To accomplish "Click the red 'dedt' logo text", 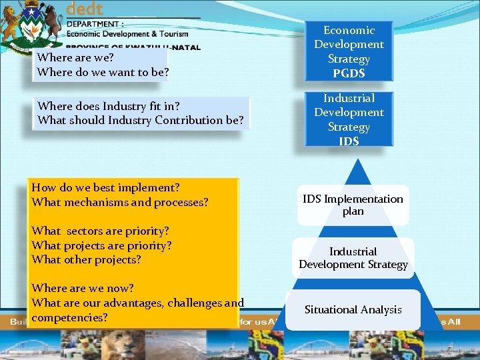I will tap(85, 9).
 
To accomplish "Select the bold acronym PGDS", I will tap(349, 73).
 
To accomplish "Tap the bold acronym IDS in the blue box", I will tap(349, 141).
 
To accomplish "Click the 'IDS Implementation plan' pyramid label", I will tap(353, 205).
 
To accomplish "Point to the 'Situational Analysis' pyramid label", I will tap(353, 309).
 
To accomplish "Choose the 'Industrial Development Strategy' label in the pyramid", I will tap(353, 258).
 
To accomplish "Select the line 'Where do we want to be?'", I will tap(103, 72).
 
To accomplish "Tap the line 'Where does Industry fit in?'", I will tap(109, 106).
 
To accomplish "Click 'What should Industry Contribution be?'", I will tap(141, 120).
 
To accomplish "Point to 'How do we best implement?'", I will tap(105, 187).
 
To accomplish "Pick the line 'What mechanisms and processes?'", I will tap(120, 201).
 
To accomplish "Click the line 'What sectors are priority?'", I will tap(100, 231).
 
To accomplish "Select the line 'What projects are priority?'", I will tap(101, 245).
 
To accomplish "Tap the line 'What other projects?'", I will tap(86, 259).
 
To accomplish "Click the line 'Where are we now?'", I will tap(83, 288).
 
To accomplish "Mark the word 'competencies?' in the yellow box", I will tap(69, 317).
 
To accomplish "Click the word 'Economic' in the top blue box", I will tap(349, 30).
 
